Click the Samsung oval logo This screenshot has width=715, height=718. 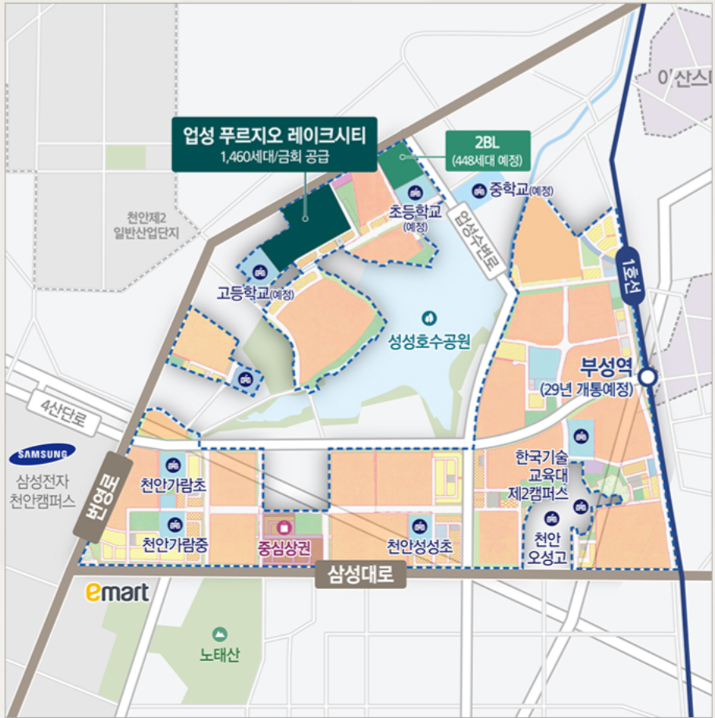coord(42,453)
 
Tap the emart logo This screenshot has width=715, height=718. coord(117,592)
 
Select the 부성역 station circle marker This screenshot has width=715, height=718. coord(647,377)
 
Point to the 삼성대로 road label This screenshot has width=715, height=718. coord(361,576)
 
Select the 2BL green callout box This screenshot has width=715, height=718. coord(486,149)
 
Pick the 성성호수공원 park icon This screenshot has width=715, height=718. coord(428,318)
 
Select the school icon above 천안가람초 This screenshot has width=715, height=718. coord(173,465)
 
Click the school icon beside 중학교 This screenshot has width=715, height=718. coord(478,189)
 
